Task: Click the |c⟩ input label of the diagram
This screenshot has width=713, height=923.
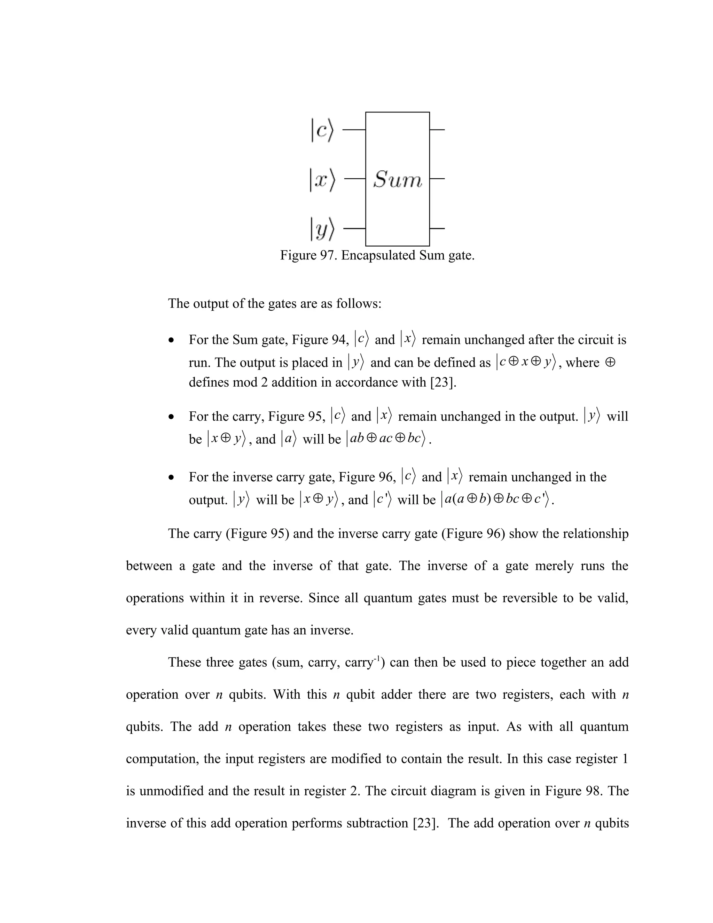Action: [322, 131]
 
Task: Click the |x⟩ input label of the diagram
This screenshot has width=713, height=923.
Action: [322, 180]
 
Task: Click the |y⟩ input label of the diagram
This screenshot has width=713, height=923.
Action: [322, 229]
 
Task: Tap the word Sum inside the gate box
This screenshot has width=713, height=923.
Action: [398, 180]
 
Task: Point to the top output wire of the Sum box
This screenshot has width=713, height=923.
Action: [438, 130]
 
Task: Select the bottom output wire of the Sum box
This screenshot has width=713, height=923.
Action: [438, 228]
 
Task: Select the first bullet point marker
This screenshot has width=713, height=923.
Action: [171, 340]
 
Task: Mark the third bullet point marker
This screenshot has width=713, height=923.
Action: [171, 478]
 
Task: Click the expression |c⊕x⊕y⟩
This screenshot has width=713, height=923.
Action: [526, 363]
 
